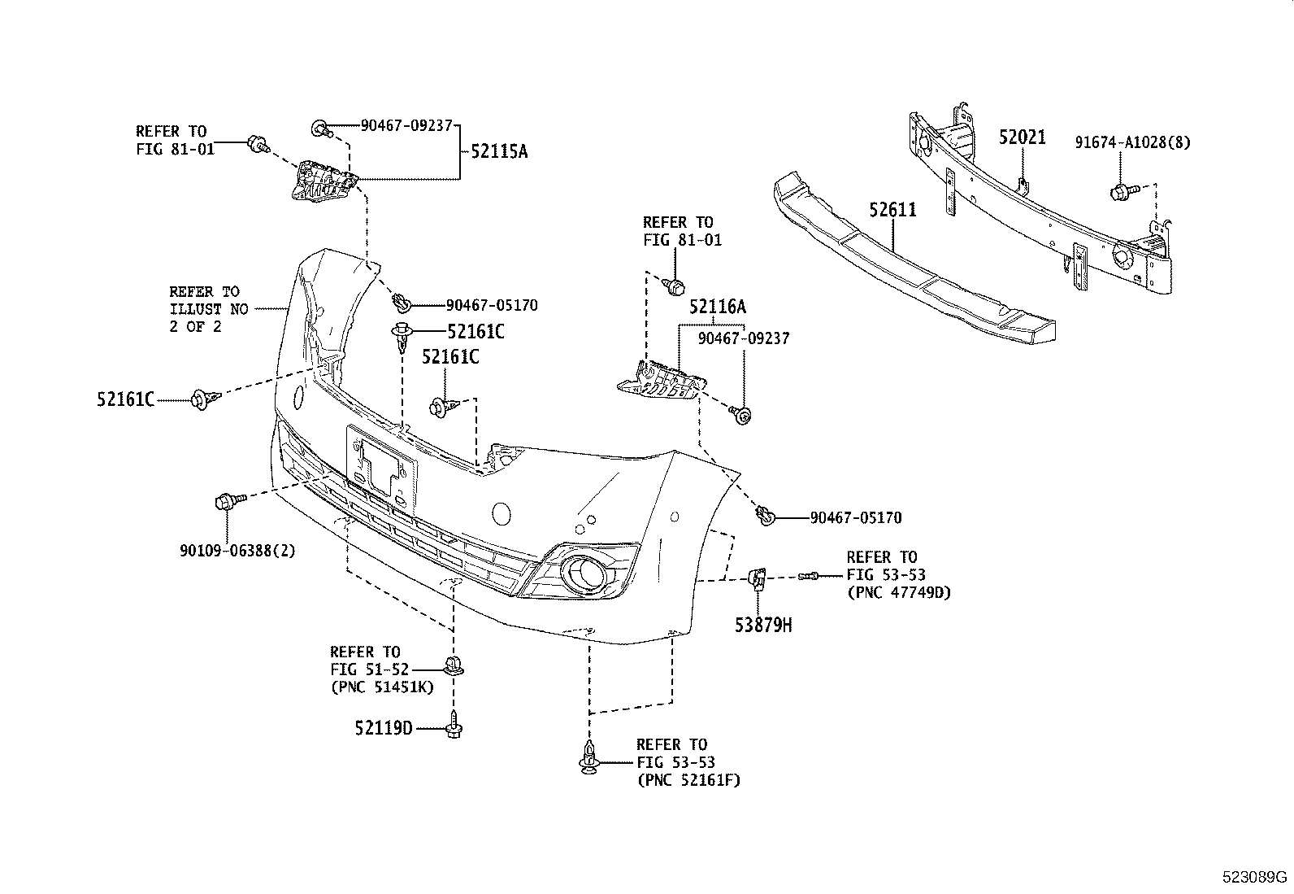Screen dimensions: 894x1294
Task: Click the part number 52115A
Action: click(497, 151)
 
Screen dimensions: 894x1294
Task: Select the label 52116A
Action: click(717, 307)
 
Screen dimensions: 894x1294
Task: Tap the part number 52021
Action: click(1022, 138)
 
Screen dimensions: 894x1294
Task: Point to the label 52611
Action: click(892, 210)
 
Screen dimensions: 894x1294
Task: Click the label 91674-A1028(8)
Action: click(1132, 142)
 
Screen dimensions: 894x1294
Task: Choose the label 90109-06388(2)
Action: click(237, 550)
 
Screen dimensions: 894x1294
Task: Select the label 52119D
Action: click(384, 728)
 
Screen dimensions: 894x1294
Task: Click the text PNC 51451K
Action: click(382, 687)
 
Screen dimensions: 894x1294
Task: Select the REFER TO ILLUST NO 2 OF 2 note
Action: click(204, 309)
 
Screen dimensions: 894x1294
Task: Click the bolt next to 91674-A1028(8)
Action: click(1121, 192)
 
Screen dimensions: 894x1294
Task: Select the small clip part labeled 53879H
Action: click(757, 578)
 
